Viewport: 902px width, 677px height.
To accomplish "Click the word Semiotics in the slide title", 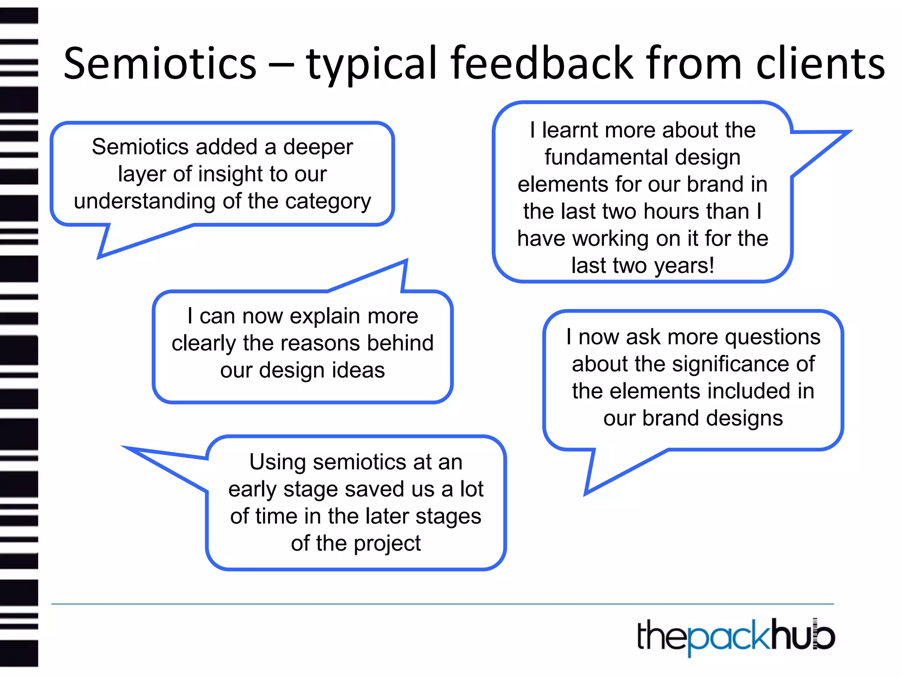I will (x=160, y=64).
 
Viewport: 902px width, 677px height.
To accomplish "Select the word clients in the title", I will (x=820, y=64).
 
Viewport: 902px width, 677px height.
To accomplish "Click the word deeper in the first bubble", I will (x=318, y=147).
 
